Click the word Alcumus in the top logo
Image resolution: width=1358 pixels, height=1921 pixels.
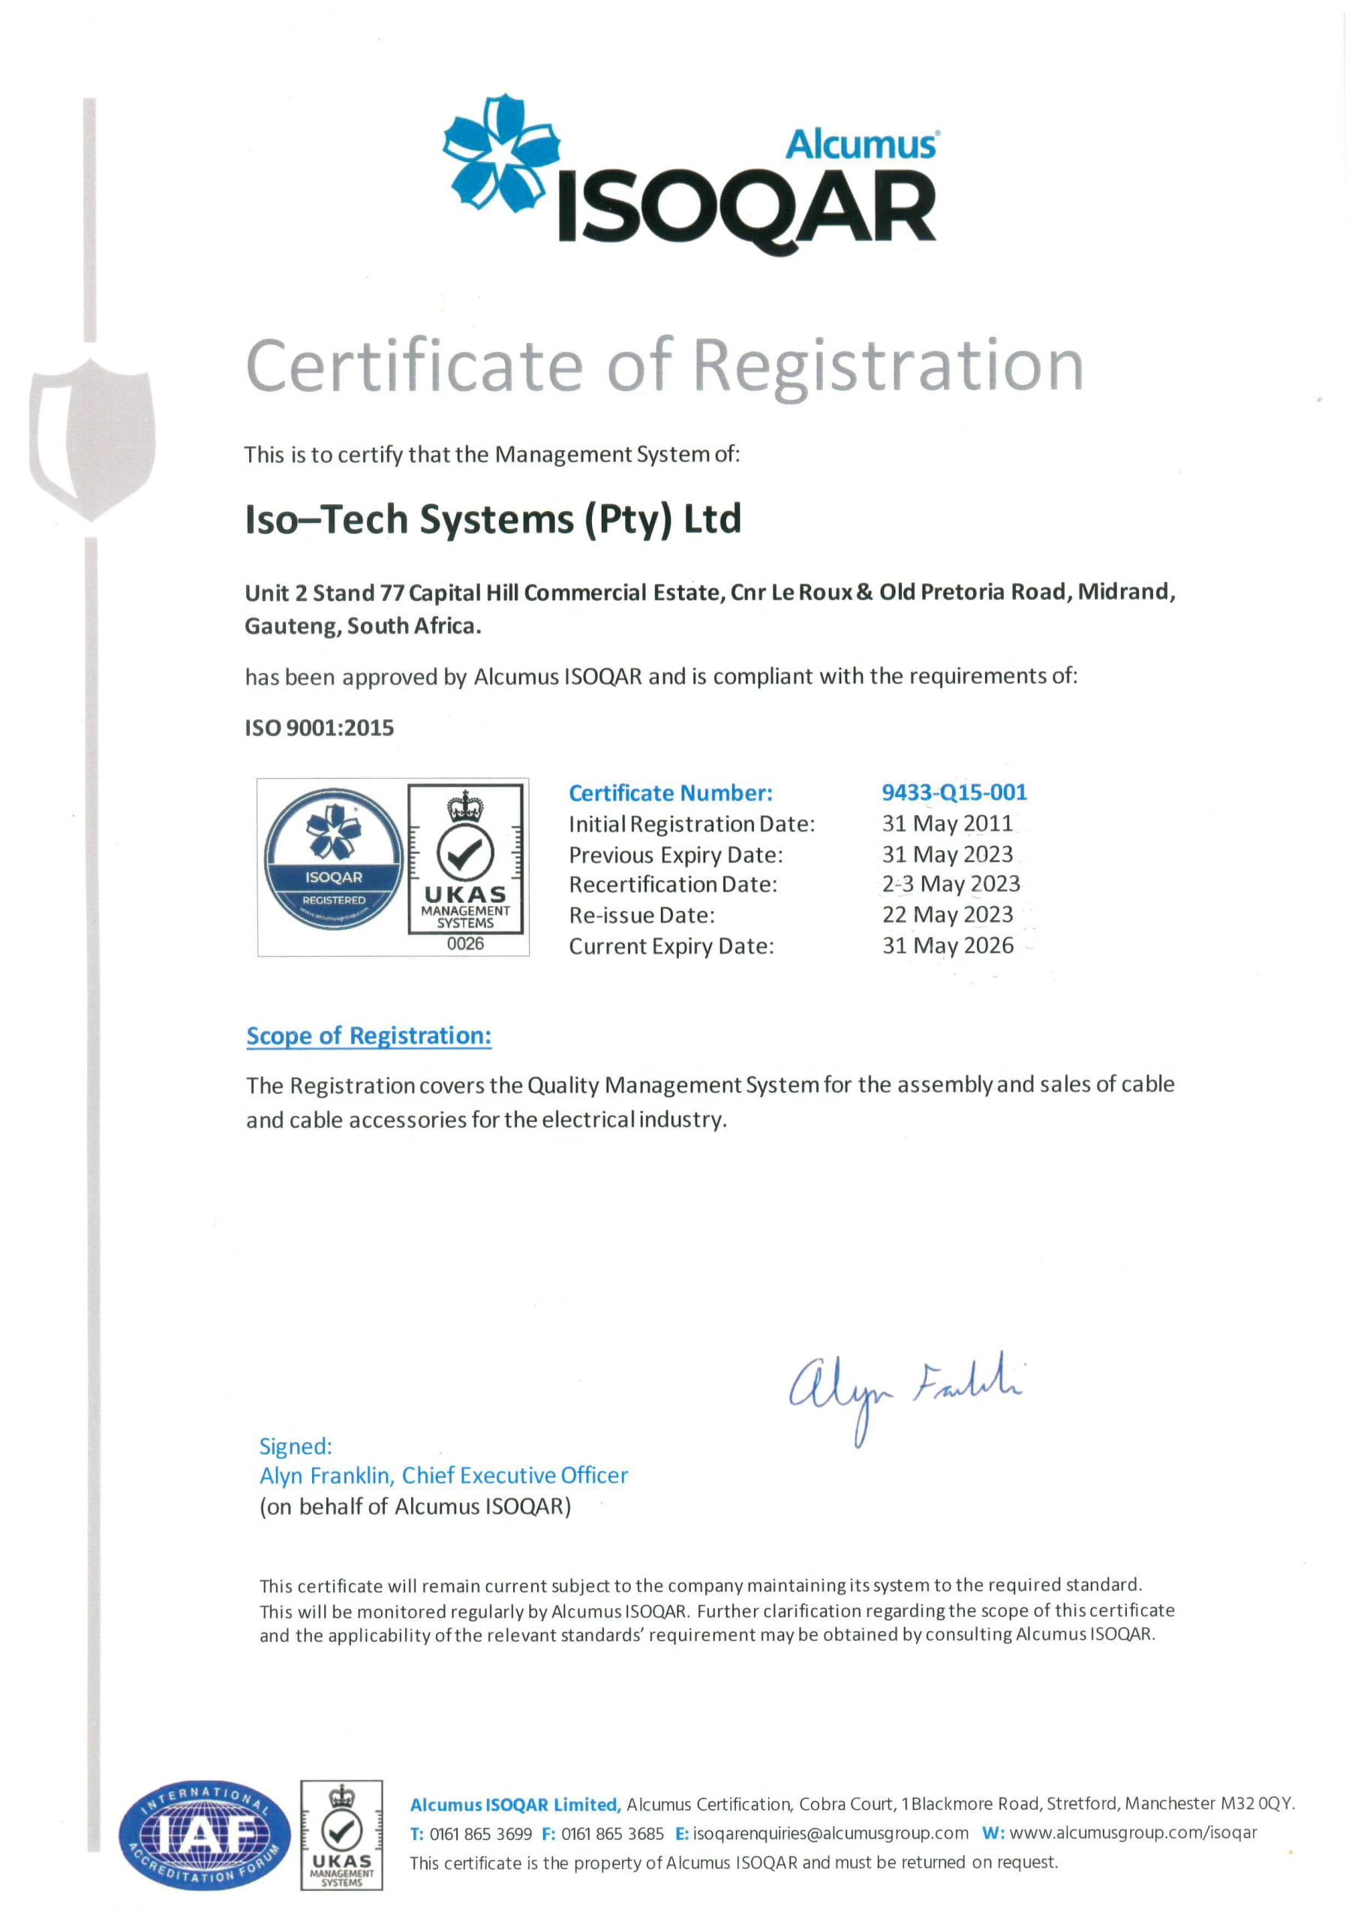pos(861,146)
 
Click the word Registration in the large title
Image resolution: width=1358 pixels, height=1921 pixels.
pos(888,365)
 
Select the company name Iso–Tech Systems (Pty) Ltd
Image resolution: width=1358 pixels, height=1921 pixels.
pos(493,519)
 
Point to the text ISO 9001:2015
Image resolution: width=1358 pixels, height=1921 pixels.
pos(319,728)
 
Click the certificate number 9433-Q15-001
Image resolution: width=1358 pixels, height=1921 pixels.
pos(954,792)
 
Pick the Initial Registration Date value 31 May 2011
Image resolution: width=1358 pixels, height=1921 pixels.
pos(947,823)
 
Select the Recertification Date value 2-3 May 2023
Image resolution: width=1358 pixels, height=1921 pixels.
pos(951,885)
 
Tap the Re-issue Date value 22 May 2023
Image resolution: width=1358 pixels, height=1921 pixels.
pos(947,915)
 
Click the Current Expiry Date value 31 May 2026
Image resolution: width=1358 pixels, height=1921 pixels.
pos(947,945)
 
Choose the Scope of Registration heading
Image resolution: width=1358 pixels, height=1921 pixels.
pos(368,1036)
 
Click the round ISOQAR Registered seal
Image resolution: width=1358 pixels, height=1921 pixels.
pos(334,859)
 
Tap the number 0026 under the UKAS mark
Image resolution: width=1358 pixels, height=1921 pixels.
pos(465,944)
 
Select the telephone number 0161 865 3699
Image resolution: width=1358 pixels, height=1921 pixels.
pos(480,1834)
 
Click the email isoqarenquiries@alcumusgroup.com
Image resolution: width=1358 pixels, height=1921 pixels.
pos(830,1834)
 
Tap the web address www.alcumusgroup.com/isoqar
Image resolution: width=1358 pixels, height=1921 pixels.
pos(1133,1834)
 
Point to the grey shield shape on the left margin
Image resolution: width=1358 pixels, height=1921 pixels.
pos(92,437)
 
